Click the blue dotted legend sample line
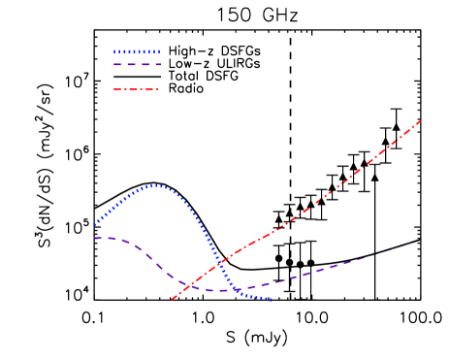tap(137, 52)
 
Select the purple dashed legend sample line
tap(137, 64)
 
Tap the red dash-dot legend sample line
tap(136, 89)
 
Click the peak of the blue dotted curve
tap(155, 185)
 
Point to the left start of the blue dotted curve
tap(94, 225)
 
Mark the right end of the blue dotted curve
tap(272, 300)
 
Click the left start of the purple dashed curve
tap(94, 238)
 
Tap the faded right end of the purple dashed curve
tap(417, 240)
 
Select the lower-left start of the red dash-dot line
tap(172, 300)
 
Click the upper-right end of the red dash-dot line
tap(421, 120)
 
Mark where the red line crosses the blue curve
tap(219, 262)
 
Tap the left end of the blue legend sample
tap(113, 52)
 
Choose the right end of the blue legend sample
tap(160, 52)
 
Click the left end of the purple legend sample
tap(113, 64)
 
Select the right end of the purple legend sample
tap(160, 64)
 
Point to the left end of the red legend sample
tap(113, 89)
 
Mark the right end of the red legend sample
tap(158, 89)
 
